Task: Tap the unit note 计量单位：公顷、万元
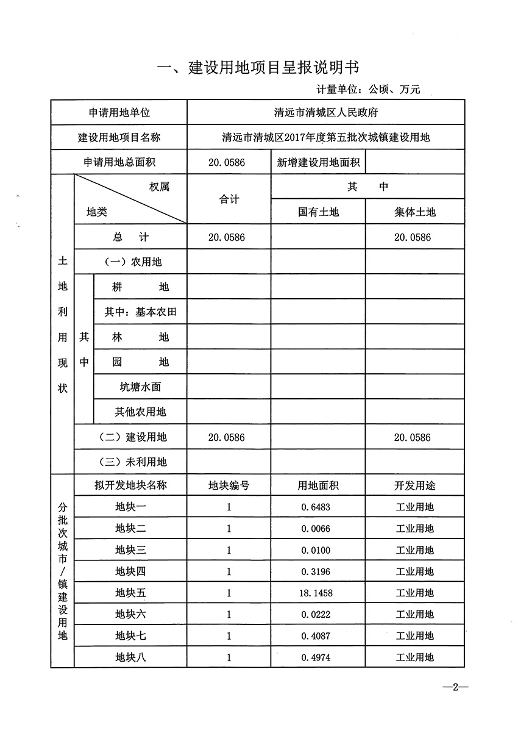[368, 90]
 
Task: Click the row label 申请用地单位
[119, 113]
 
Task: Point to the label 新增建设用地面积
[318, 163]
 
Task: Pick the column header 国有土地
[318, 212]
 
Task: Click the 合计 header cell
[229, 199]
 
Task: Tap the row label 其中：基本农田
[140, 312]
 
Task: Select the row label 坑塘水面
[140, 387]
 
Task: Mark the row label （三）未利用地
[132, 462]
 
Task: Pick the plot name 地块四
[131, 571]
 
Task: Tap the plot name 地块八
[131, 657]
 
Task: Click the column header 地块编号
[229, 485]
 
